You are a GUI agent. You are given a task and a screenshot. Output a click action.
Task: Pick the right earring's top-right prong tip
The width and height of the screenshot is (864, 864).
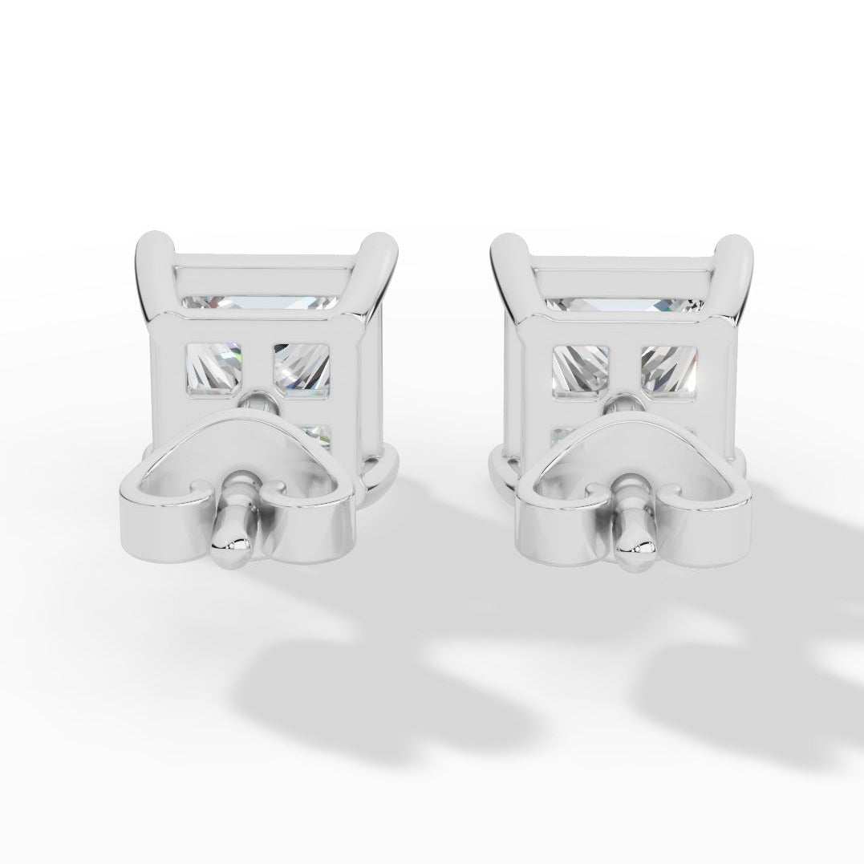point(737,244)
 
